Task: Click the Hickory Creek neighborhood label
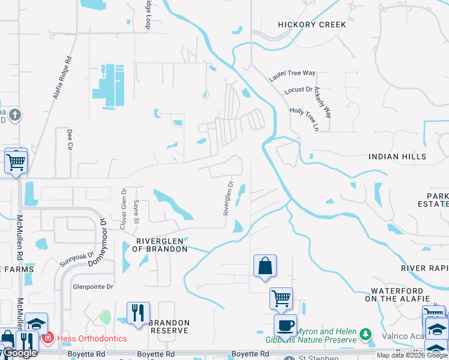click(x=312, y=25)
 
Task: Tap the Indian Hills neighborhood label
click(x=397, y=157)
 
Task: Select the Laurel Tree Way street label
click(x=292, y=77)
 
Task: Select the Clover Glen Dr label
click(x=123, y=209)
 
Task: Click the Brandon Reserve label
click(x=170, y=326)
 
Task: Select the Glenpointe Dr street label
click(x=93, y=287)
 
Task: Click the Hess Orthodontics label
click(x=92, y=338)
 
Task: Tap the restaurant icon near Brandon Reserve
click(x=138, y=314)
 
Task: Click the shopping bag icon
click(x=265, y=266)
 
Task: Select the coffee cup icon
click(x=285, y=326)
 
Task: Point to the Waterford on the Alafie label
click(x=397, y=294)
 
